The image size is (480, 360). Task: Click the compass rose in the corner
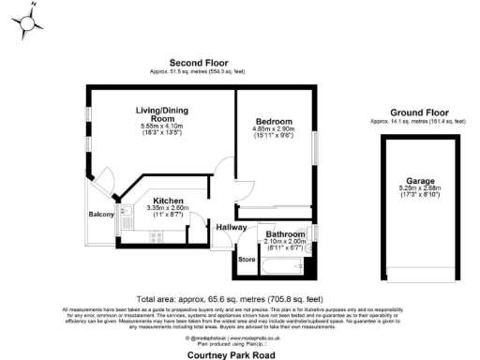coord(29,22)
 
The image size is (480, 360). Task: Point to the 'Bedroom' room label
coord(274,122)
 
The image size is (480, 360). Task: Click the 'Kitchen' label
coord(168,202)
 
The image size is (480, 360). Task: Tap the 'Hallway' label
coord(231,227)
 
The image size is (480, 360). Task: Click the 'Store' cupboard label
coord(247,260)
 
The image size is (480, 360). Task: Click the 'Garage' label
coord(419,180)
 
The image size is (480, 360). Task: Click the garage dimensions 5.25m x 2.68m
coord(419,188)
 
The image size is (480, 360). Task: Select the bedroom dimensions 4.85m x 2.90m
coord(274,130)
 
